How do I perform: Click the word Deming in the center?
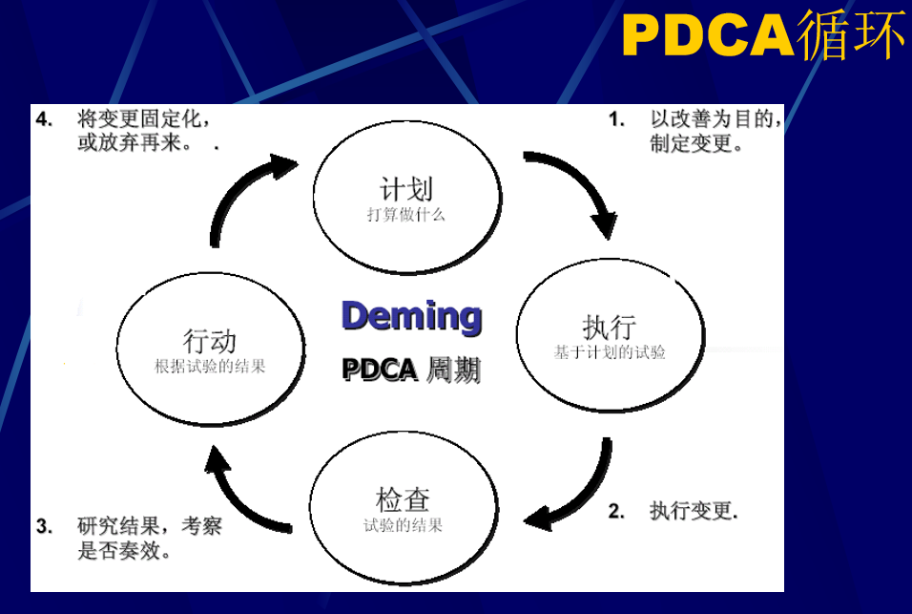411,316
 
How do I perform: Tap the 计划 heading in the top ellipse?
406,187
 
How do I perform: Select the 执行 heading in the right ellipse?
610,327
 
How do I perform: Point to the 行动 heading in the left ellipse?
210,340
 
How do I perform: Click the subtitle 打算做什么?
406,214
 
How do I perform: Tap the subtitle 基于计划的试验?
610,352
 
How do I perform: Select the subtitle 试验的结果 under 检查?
403,525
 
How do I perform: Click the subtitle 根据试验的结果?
210,366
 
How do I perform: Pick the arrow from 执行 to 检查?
582,492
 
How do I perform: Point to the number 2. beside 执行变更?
617,511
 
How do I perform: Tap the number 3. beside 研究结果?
44,525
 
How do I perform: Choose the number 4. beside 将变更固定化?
44,119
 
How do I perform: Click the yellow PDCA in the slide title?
707,36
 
